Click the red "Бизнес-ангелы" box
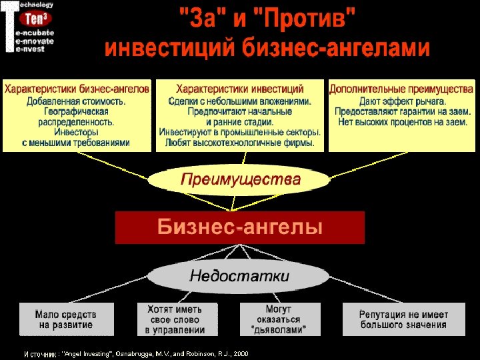pos(240,227)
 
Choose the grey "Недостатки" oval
pos(239,276)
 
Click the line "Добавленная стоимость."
pos(77,101)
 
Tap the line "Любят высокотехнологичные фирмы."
pos(240,143)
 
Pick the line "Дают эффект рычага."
pos(402,101)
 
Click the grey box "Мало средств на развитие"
pos(66,319)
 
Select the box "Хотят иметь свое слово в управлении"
pos(175,319)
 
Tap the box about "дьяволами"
pos(277,319)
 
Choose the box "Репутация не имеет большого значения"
pos(403,319)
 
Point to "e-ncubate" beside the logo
pos(35,31)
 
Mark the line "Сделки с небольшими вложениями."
pos(240,101)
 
